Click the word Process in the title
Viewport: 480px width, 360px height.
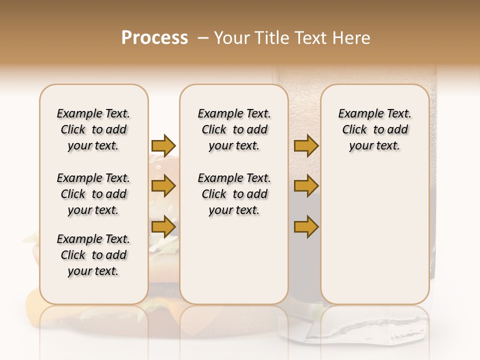click(154, 38)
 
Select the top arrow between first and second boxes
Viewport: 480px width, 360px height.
click(163, 145)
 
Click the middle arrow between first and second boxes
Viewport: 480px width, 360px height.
click(163, 186)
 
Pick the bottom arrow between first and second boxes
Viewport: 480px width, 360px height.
click(163, 226)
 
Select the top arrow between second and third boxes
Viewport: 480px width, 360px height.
click(306, 145)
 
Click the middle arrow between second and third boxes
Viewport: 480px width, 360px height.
click(306, 186)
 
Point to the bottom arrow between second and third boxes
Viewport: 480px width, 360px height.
click(306, 226)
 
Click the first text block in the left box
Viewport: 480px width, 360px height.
click(93, 129)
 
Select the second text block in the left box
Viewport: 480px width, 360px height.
click(93, 194)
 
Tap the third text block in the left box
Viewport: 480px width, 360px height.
click(93, 255)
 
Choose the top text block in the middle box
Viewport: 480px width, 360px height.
click(234, 129)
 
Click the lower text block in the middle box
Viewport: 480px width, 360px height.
click(234, 194)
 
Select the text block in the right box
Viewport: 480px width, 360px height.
click(374, 129)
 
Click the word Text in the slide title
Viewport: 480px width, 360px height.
click(312, 38)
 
